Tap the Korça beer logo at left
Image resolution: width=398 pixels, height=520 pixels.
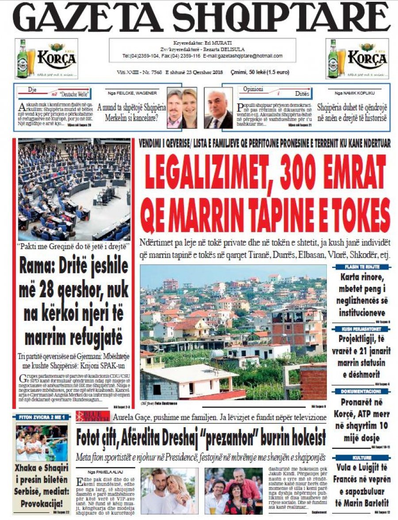[46, 58]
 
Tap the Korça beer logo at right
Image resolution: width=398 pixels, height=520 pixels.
[357, 58]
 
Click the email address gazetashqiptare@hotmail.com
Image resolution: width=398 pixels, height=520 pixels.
[254, 56]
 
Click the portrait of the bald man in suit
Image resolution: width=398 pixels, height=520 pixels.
[218, 108]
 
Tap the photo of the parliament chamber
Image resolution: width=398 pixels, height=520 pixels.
[74, 190]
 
